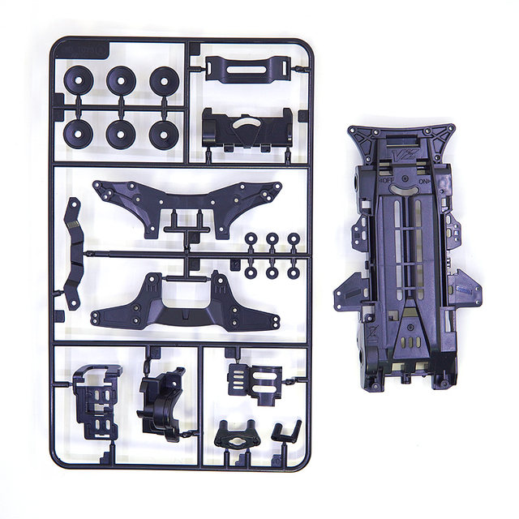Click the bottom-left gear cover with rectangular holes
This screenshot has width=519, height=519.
click(95, 397)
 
